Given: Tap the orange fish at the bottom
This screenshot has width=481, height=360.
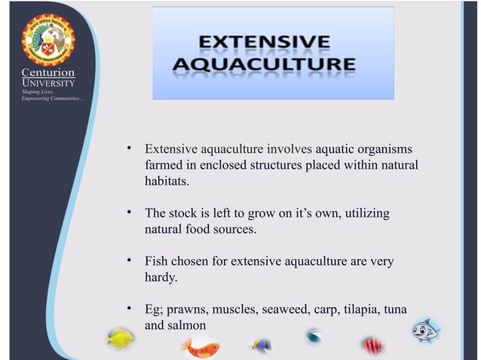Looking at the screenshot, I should click(201, 347).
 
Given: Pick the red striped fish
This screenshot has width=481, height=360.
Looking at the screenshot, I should click(372, 345).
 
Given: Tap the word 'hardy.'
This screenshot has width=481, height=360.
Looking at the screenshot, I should click(161, 278).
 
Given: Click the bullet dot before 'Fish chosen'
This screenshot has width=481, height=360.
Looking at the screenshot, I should click(130, 261).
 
